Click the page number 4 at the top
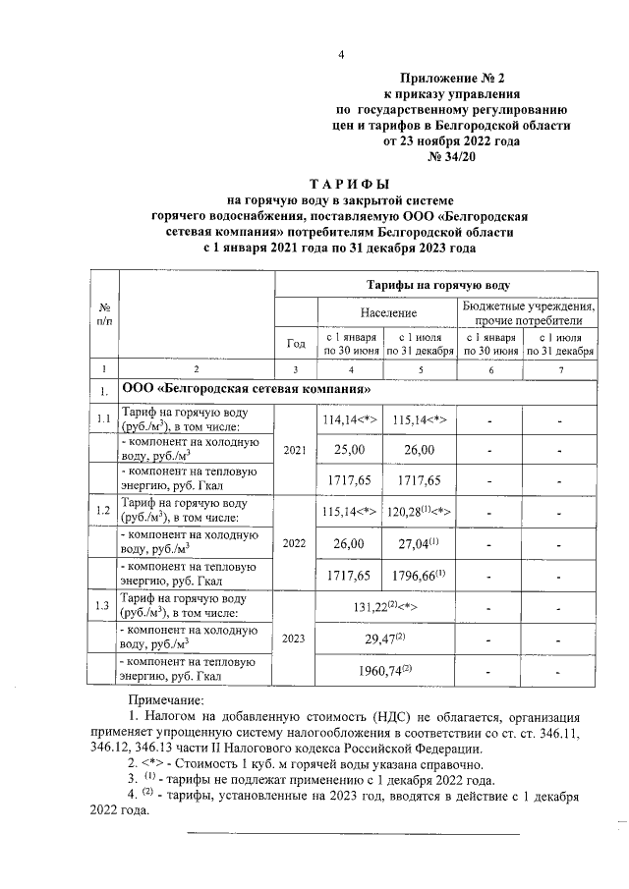[341, 54]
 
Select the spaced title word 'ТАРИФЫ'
[349, 184]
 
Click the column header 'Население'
[386, 311]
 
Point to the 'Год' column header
[295, 344]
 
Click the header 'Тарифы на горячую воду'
[438, 285]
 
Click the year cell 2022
[295, 541]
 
